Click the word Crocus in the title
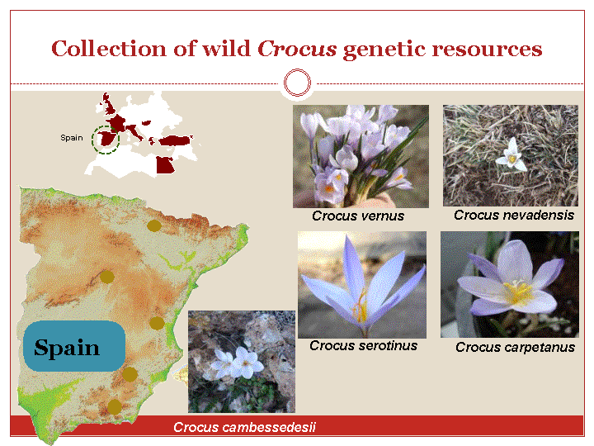pyautogui.click(x=297, y=49)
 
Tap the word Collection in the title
pyautogui.click(x=108, y=49)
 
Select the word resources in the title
pyautogui.click(x=488, y=50)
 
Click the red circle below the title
pyautogui.click(x=297, y=83)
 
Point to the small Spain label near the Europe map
pyautogui.click(x=72, y=138)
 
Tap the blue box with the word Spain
pyautogui.click(x=74, y=346)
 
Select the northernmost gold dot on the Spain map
pyautogui.click(x=153, y=225)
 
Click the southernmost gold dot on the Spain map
pyautogui.click(x=115, y=407)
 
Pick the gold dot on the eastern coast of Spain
pyautogui.click(x=157, y=323)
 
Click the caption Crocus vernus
pyautogui.click(x=358, y=216)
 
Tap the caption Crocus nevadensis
pyautogui.click(x=514, y=216)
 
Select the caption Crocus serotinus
pyautogui.click(x=363, y=346)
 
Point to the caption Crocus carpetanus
pyautogui.click(x=515, y=347)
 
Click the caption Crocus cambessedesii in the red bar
pyautogui.click(x=244, y=428)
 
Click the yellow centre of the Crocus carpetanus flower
pyautogui.click(x=517, y=292)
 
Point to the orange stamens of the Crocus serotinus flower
pyautogui.click(x=361, y=306)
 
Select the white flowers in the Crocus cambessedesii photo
pyautogui.click(x=237, y=363)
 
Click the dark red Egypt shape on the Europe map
pyautogui.click(x=165, y=165)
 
